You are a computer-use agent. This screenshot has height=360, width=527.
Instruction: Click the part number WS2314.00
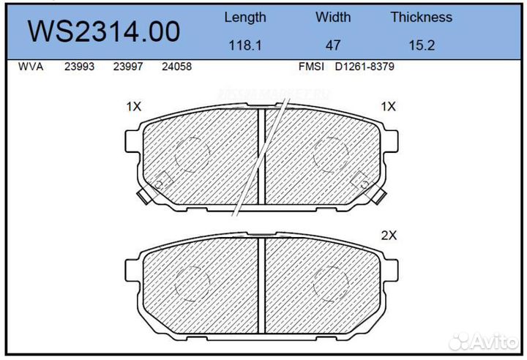click(103, 31)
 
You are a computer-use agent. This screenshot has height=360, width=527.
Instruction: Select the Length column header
click(244, 17)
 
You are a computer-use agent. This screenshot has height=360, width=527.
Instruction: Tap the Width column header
click(333, 17)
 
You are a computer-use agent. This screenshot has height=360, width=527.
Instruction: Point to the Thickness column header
click(421, 17)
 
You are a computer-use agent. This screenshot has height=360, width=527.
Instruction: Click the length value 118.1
click(244, 45)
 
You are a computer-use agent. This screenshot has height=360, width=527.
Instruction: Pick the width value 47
click(333, 45)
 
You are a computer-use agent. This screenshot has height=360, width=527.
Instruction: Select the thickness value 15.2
click(421, 45)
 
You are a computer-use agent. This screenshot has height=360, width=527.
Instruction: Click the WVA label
click(30, 67)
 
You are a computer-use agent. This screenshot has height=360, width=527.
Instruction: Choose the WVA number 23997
click(127, 67)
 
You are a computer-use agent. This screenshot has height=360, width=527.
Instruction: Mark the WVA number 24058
click(177, 67)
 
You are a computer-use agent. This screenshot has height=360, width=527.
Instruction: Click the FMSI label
click(313, 67)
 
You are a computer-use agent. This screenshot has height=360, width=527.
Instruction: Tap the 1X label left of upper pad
click(133, 107)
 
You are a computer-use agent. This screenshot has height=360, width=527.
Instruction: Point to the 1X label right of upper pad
click(388, 107)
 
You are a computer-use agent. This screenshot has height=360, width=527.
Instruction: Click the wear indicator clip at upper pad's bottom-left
click(143, 195)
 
